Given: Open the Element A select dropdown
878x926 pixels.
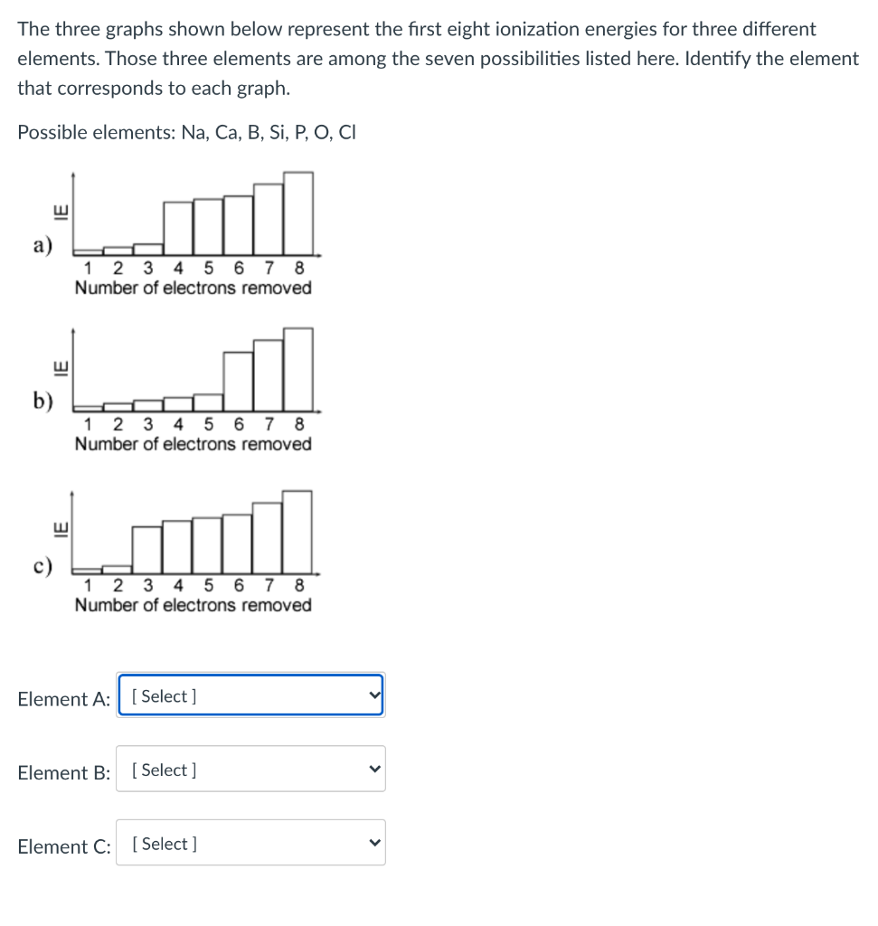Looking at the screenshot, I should pos(250,695).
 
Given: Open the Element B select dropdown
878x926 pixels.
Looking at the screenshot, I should pos(250,770).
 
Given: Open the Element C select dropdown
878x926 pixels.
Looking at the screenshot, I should pos(250,844).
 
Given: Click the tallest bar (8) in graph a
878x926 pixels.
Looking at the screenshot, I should pos(298,213).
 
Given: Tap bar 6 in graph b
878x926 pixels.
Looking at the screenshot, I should pos(239,381).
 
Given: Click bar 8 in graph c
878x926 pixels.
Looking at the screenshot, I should pos(297,531).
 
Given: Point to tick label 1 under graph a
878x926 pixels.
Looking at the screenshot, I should pos(88,268).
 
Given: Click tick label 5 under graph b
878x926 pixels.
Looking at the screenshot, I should pos(209,424).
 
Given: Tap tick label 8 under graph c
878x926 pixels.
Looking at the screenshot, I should pos(299,584).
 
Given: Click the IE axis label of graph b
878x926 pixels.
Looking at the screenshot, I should pos(61,368).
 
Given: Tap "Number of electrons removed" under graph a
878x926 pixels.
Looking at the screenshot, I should pos(193,288).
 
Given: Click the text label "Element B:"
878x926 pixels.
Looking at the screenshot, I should pos(64,773).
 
